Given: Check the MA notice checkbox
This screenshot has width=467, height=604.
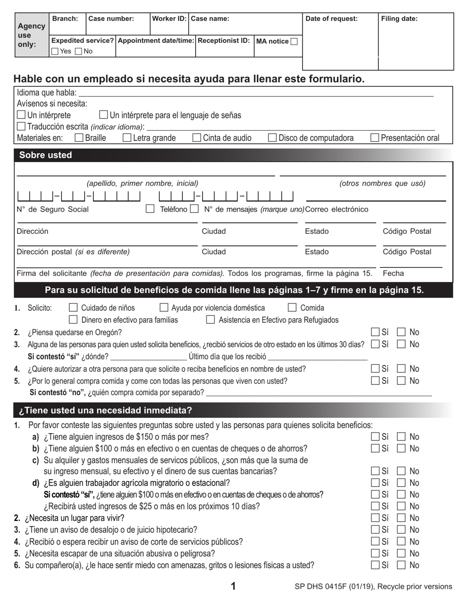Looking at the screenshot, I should [294, 42].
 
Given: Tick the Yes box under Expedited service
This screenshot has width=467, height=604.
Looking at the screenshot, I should [55, 52].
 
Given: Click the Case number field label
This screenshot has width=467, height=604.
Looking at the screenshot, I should [111, 19].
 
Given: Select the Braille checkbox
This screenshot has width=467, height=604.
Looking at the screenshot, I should [79, 138].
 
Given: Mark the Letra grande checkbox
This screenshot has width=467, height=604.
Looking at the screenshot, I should [127, 138].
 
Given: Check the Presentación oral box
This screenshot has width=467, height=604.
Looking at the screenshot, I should [375, 138].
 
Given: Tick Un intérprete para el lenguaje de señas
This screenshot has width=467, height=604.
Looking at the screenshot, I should [104, 115].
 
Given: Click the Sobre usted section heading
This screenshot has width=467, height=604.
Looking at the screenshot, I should [45, 155].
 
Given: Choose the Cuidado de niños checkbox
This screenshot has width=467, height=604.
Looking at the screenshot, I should [73, 308].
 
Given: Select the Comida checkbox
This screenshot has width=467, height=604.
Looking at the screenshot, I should [292, 308].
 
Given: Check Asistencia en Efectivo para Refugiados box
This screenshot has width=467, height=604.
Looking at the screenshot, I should [210, 320].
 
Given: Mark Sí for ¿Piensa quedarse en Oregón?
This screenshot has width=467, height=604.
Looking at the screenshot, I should [376, 332].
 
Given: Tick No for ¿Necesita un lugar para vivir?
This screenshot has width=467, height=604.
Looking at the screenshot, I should [401, 518].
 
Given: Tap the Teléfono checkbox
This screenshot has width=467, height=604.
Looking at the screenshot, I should [150, 209].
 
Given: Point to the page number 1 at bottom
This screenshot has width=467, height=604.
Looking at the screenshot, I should [233, 586].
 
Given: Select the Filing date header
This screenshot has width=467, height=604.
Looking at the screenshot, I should [399, 19].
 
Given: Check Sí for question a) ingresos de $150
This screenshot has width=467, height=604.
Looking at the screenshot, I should [376, 437].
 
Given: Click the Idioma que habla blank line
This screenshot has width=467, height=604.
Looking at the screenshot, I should [256, 94].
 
